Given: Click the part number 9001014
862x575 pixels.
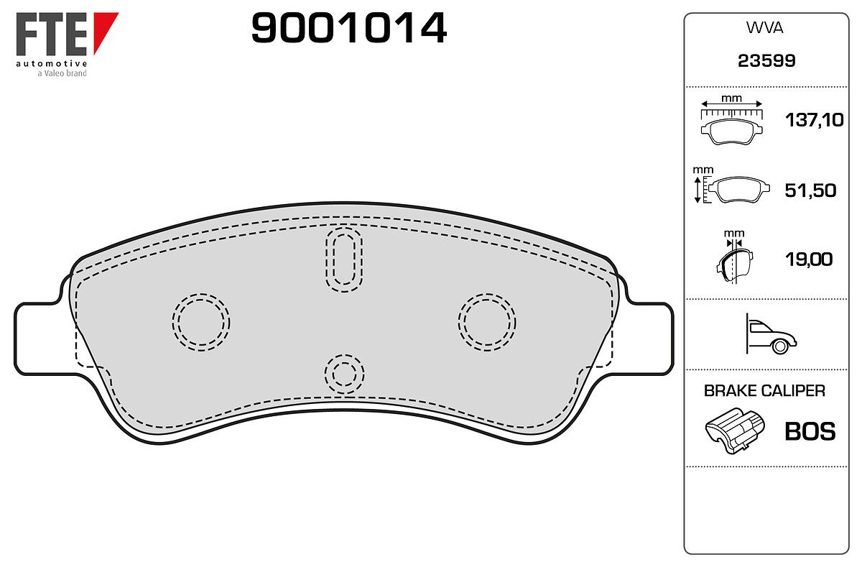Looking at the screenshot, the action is [x=348, y=28].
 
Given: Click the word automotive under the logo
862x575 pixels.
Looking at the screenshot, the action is [x=51, y=63].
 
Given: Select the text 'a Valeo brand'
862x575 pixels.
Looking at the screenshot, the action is [x=62, y=73].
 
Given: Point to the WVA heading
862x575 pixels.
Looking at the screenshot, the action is [x=764, y=28].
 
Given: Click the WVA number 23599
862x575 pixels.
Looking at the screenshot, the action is [x=766, y=61].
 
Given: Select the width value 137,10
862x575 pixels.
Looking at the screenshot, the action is [x=815, y=120].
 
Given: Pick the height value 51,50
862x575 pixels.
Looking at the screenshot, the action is [x=810, y=190].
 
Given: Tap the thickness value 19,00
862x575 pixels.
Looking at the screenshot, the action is [x=809, y=259].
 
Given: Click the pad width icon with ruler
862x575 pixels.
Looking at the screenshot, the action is [x=731, y=123].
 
